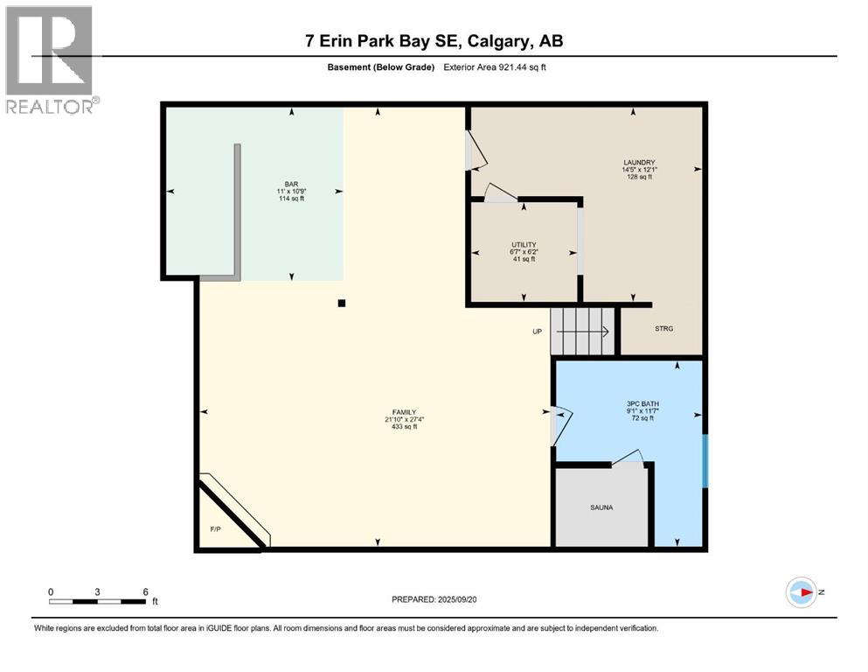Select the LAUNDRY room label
pyautogui.click(x=639, y=162)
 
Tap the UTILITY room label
pyautogui.click(x=524, y=245)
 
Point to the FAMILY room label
pyautogui.click(x=403, y=412)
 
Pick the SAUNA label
pyautogui.click(x=601, y=507)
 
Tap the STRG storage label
pyautogui.click(x=664, y=328)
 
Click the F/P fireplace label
pyautogui.click(x=215, y=529)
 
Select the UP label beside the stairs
pyautogui.click(x=538, y=332)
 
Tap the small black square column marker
pyautogui.click(x=342, y=304)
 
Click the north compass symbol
pyautogui.click(x=802, y=592)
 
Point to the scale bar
pyautogui.click(x=97, y=600)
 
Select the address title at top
pyautogui.click(x=434, y=41)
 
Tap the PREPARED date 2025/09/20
pyautogui.click(x=434, y=599)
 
